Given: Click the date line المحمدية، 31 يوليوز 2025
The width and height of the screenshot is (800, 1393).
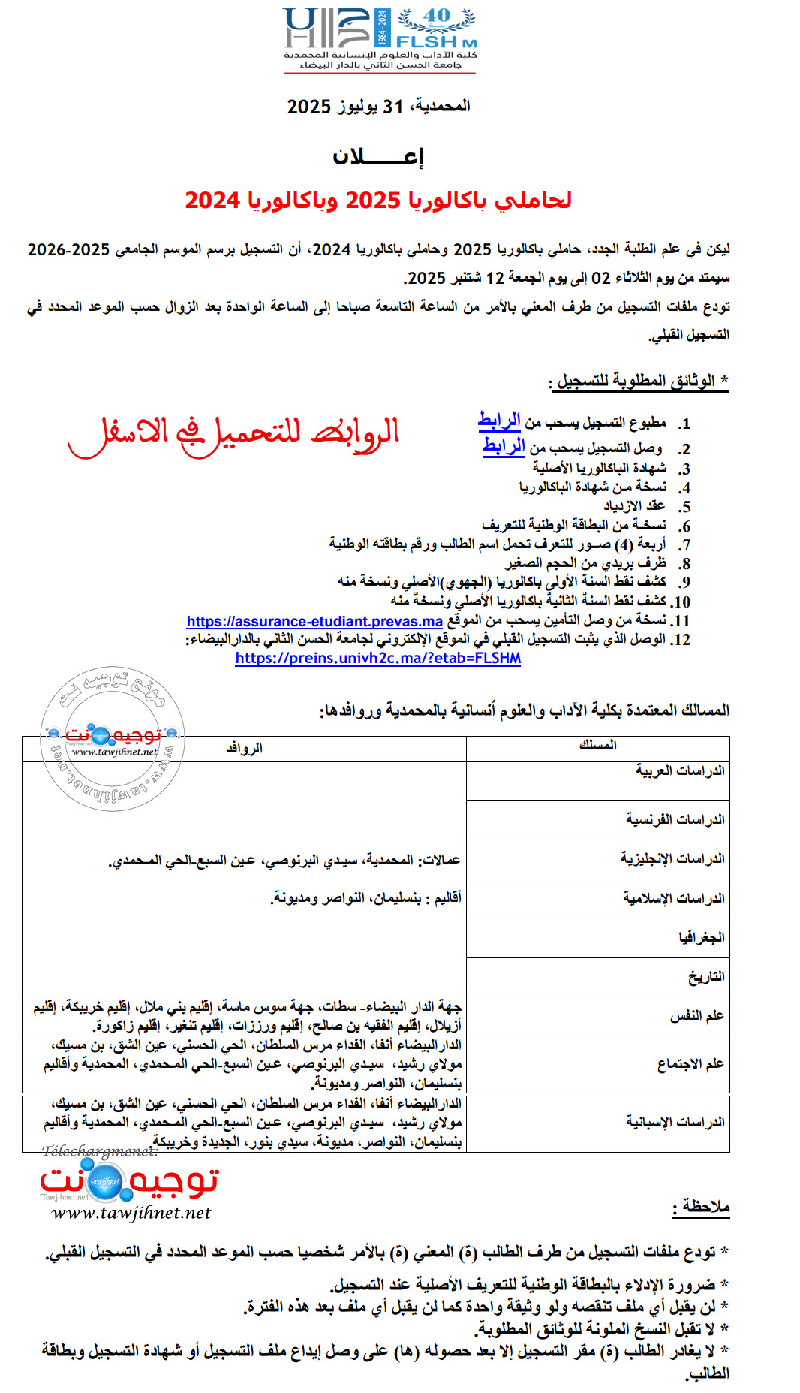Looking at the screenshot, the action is point(378,107).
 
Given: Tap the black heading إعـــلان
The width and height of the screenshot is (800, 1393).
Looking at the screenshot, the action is point(378,157).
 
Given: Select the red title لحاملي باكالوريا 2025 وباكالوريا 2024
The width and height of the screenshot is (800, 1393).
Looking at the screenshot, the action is point(378,201).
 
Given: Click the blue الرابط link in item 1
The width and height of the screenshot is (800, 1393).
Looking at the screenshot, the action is point(499,421).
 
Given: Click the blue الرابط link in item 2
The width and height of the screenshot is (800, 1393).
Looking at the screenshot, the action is point(504,446).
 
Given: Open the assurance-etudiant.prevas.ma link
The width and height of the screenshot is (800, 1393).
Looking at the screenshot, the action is point(314,621).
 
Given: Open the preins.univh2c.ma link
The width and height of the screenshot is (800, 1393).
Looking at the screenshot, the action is point(377,659).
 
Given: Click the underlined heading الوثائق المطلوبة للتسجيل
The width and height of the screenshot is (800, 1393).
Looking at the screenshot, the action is point(635,381).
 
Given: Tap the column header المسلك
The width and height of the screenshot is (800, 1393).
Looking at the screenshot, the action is point(597,745).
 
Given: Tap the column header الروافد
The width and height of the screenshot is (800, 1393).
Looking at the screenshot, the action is point(244,749).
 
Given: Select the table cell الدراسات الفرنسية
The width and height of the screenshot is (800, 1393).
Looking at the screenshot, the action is point(675,819).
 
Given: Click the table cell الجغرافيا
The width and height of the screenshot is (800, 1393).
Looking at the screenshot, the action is point(701,937).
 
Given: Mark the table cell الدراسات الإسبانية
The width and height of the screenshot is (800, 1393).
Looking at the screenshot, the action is point(675,1122).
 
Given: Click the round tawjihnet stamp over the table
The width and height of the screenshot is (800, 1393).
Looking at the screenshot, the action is point(113,738).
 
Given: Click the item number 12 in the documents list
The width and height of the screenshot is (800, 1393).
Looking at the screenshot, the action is point(681,640).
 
